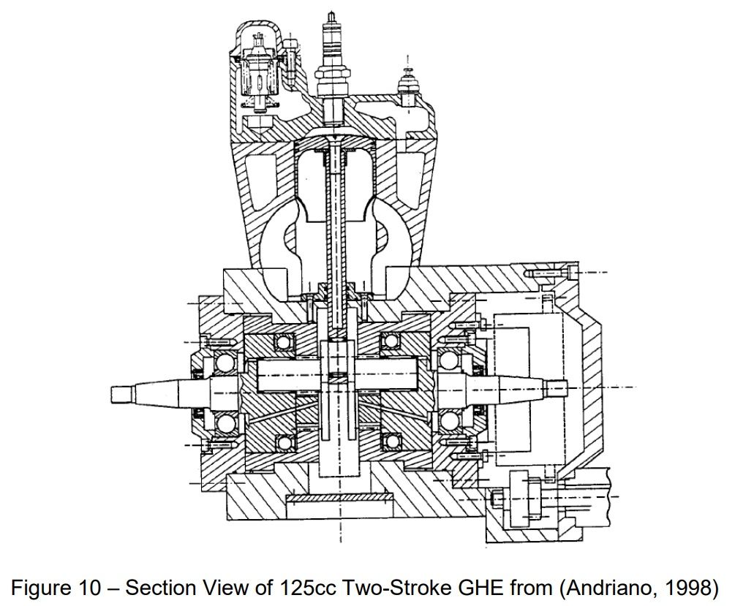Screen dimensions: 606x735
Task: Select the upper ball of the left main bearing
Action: tap(225, 363)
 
